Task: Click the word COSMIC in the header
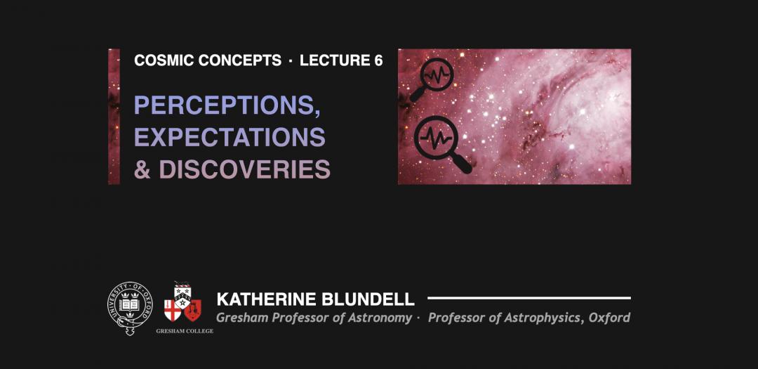point(164,60)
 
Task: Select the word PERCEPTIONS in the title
point(225,105)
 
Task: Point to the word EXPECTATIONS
point(230,137)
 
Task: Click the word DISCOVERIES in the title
point(245,169)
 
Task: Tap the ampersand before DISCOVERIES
point(142,169)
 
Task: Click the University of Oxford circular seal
point(130,309)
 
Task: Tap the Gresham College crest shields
point(182,302)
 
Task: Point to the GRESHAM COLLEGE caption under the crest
point(184,331)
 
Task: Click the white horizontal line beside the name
point(529,298)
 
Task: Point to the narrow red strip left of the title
point(114,116)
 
